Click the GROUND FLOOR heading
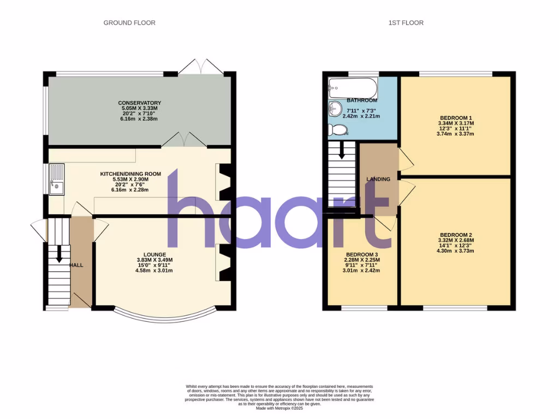click(129, 23)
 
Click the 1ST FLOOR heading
click(406, 23)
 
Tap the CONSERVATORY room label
click(139, 103)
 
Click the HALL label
click(76, 265)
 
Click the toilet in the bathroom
click(338, 130)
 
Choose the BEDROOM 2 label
click(455, 235)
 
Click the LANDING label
click(378, 179)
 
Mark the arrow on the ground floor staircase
click(58, 253)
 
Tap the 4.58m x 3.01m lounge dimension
click(154, 270)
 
